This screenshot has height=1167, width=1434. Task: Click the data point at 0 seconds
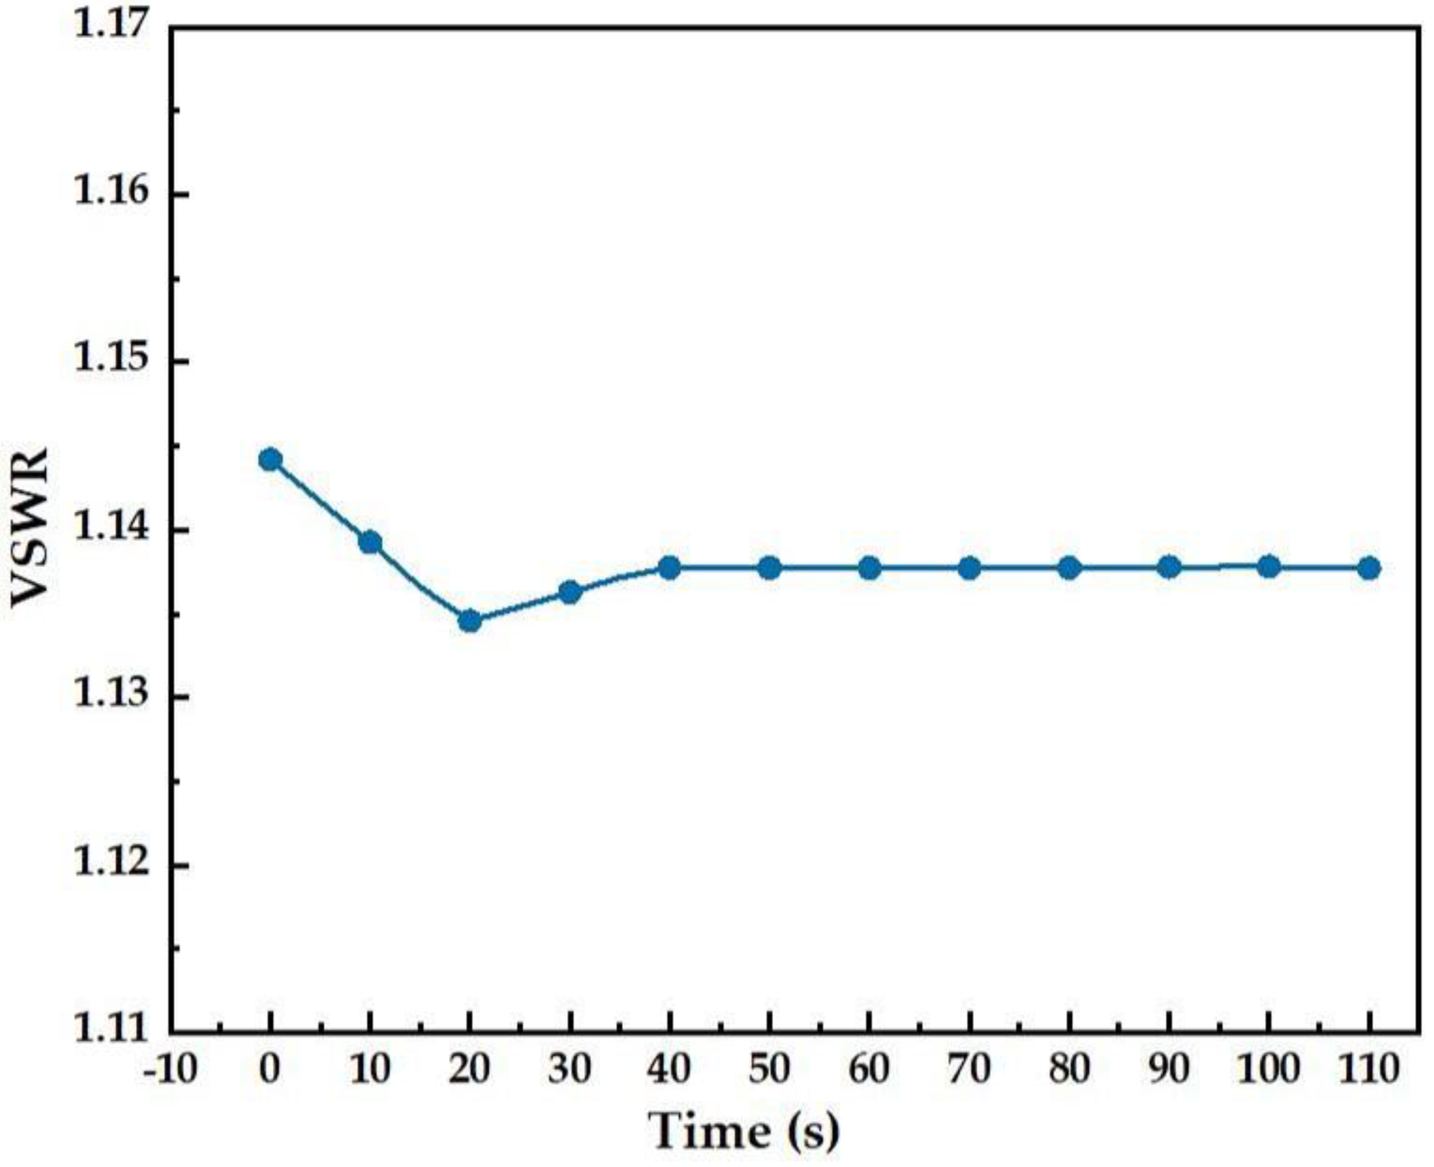pyautogui.click(x=270, y=460)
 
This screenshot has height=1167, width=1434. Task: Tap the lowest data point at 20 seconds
pyautogui.click(x=470, y=620)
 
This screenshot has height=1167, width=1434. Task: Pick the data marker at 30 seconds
pyautogui.click(x=570, y=592)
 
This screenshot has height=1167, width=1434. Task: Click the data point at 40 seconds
pyautogui.click(x=669, y=568)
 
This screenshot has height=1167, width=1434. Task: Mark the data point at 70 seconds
pyautogui.click(x=969, y=568)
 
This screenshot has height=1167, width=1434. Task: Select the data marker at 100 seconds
pyautogui.click(x=1269, y=567)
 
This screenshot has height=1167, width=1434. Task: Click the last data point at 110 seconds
pyautogui.click(x=1369, y=568)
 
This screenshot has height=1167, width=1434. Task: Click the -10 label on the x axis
pyautogui.click(x=170, y=1069)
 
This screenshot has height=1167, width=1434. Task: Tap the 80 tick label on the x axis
pyautogui.click(x=1069, y=1069)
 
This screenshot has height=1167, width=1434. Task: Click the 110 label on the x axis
pyautogui.click(x=1368, y=1069)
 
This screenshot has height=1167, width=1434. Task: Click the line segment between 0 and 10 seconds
pyautogui.click(x=320, y=501)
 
